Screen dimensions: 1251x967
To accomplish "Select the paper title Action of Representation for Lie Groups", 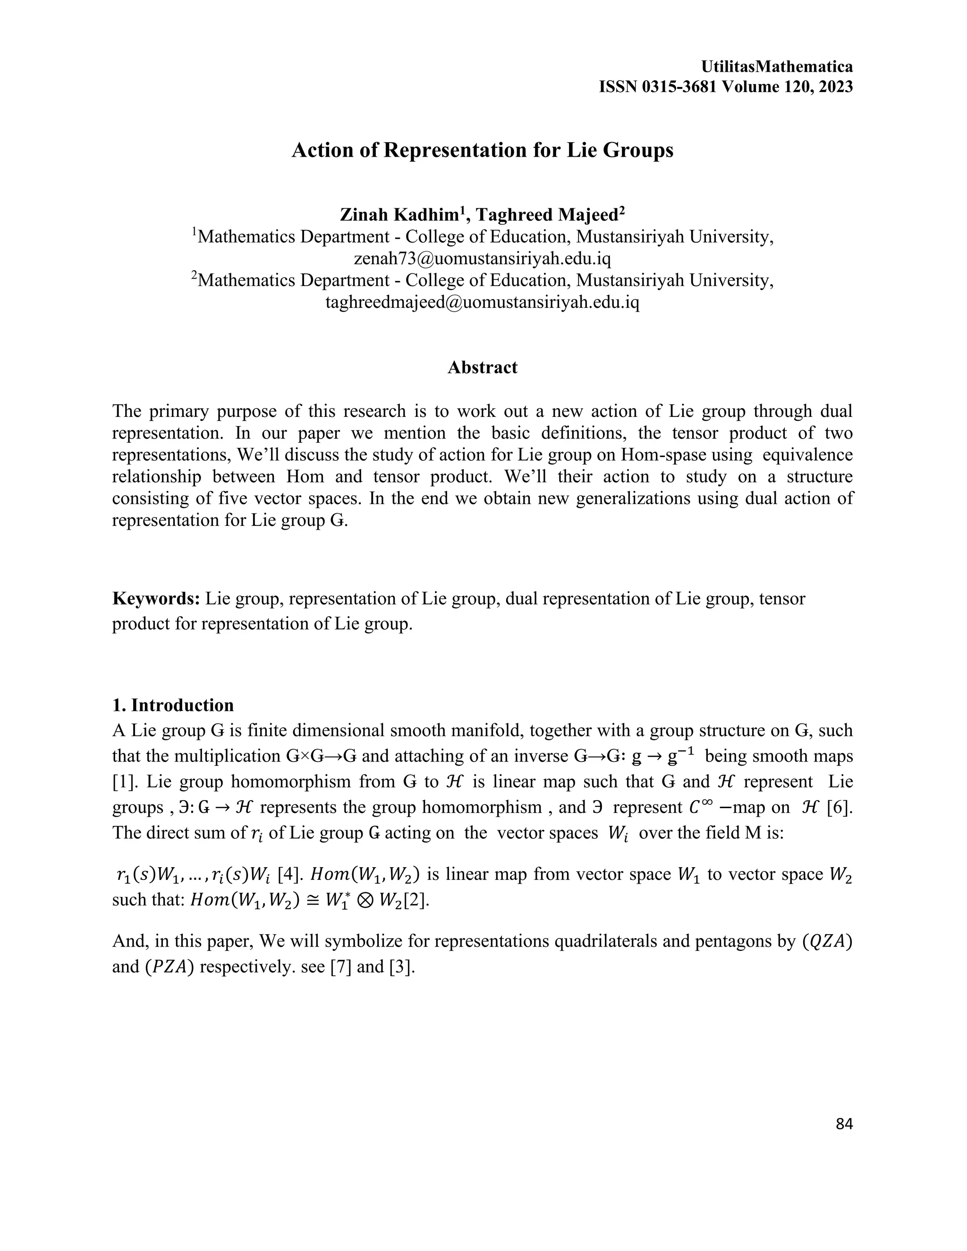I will [x=483, y=150].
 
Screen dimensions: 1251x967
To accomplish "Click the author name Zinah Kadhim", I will [x=400, y=215].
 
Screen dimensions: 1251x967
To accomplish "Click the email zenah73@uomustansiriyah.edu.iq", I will [x=483, y=258].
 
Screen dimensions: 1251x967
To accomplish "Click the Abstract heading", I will [x=483, y=367].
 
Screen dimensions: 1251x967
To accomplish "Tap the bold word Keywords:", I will [x=156, y=599].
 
